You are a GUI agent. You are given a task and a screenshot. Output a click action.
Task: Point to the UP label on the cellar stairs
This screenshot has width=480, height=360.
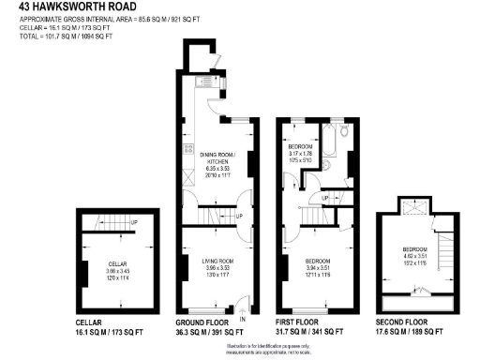click(135, 222)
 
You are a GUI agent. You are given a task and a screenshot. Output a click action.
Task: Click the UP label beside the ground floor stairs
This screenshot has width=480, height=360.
click(239, 216)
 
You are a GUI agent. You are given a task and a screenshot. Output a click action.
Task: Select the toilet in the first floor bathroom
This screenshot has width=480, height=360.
click(344, 131)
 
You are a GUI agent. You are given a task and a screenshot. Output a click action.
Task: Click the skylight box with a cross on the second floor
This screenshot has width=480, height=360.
click(410, 208)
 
